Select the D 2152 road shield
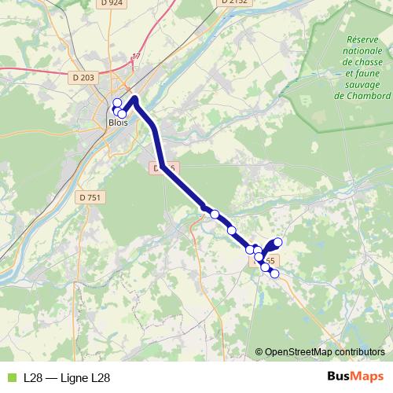(x=234, y=2)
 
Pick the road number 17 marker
(x=136, y=57)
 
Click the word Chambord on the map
(x=362, y=96)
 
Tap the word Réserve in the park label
(x=362, y=40)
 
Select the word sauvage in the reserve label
(x=362, y=85)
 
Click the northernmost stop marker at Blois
(x=117, y=103)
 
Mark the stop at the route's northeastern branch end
(x=277, y=242)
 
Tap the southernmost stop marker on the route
(x=274, y=274)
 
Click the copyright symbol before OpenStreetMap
(x=259, y=353)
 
